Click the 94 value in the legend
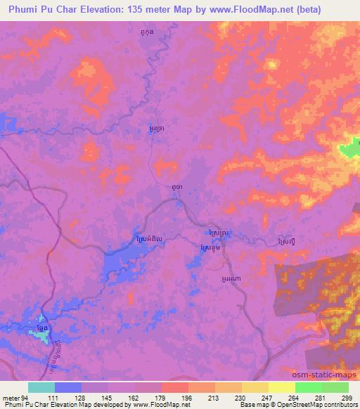click(x=27, y=397)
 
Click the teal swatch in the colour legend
click(x=41, y=387)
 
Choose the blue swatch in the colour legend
click(x=68, y=387)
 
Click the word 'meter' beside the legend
click(x=11, y=397)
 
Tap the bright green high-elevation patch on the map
click(x=349, y=148)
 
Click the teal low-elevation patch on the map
click(x=41, y=337)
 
